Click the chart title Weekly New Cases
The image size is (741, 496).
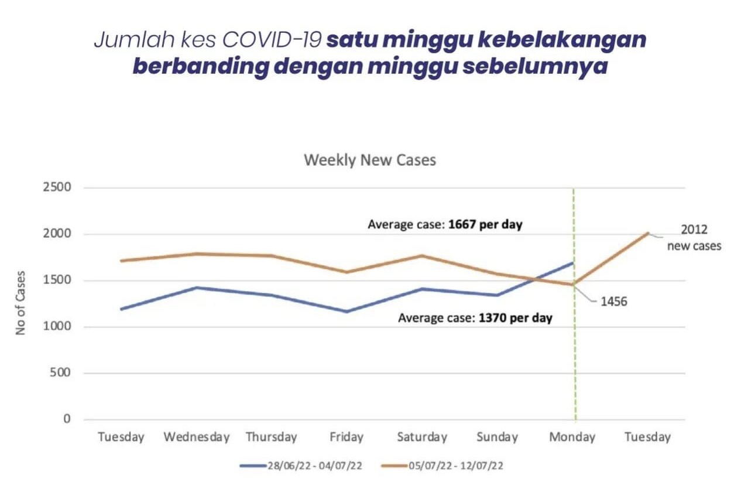coord(369,160)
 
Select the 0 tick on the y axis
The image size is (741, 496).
coord(66,419)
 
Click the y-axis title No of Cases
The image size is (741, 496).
coord(21,303)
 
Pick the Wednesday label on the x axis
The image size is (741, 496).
coord(196,437)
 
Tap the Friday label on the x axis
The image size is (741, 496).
coord(347,437)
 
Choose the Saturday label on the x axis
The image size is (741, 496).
coord(421,437)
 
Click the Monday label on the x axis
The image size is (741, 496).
coord(572,437)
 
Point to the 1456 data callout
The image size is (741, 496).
coord(613,302)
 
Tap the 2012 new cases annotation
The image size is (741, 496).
coord(694,238)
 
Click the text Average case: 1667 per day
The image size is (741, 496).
coord(445,224)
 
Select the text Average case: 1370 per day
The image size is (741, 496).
coord(475,319)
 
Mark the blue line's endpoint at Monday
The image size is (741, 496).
coord(573,263)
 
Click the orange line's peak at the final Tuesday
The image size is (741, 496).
coord(647,233)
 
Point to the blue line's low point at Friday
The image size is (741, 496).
coord(347,312)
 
